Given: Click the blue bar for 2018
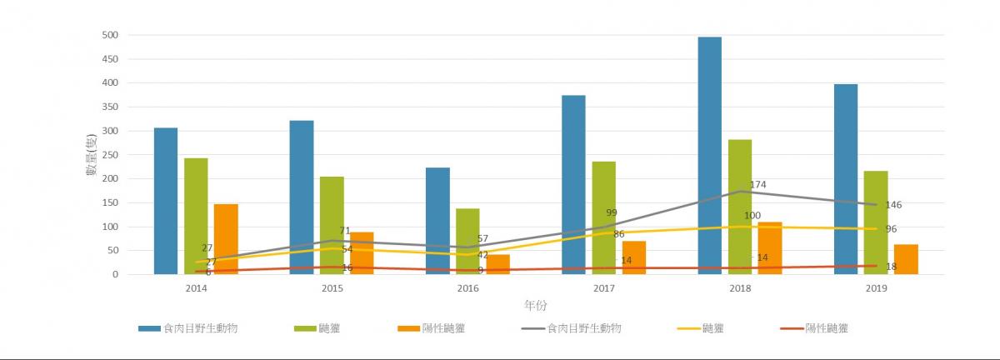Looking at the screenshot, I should pos(709,156).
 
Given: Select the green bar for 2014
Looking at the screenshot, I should pos(196,216).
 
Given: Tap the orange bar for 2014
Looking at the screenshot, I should pos(226,239).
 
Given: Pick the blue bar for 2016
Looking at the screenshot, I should pos(437,221).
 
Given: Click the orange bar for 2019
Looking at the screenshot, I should pos(907,259).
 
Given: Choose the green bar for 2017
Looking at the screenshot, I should pos(603,217).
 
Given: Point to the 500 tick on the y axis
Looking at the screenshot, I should pos(110,35).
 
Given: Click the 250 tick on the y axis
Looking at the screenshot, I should pos(110,155).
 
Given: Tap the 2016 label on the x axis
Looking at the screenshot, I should pos(467,288).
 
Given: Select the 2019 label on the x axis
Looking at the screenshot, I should pos(876,288).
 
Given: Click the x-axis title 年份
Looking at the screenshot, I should pos(536,305).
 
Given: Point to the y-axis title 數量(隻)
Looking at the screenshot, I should pos(92,155).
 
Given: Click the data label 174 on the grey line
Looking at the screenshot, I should pos(757,185).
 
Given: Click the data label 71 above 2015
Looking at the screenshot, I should pos(345,231).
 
